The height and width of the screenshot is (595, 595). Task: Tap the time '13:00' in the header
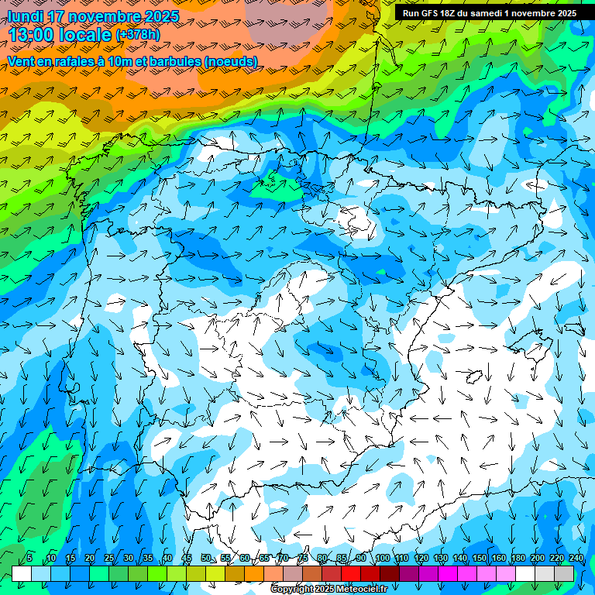[x=32, y=35]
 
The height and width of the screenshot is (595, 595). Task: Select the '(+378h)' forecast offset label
[x=137, y=35]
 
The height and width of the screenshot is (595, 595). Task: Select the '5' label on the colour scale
[x=29, y=559]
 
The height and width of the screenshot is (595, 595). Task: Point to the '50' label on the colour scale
[x=206, y=559]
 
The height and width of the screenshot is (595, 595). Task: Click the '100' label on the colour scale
[x=383, y=559]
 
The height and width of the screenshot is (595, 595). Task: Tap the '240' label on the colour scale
[x=576, y=559]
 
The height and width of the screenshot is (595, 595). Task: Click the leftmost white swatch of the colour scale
[x=22, y=573]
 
